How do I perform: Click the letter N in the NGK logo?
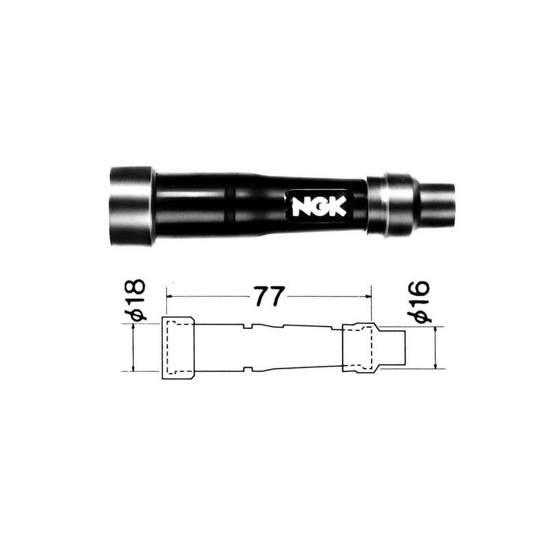coord(302,206)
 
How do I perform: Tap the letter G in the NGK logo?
coord(319,206)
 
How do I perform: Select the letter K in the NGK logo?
coord(337,206)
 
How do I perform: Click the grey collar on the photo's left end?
coord(131,205)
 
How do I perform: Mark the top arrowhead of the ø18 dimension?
coord(133,328)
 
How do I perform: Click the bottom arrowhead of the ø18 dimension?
coord(133,369)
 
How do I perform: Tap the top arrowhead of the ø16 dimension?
coord(436,329)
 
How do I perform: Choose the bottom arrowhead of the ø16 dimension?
coord(436,366)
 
